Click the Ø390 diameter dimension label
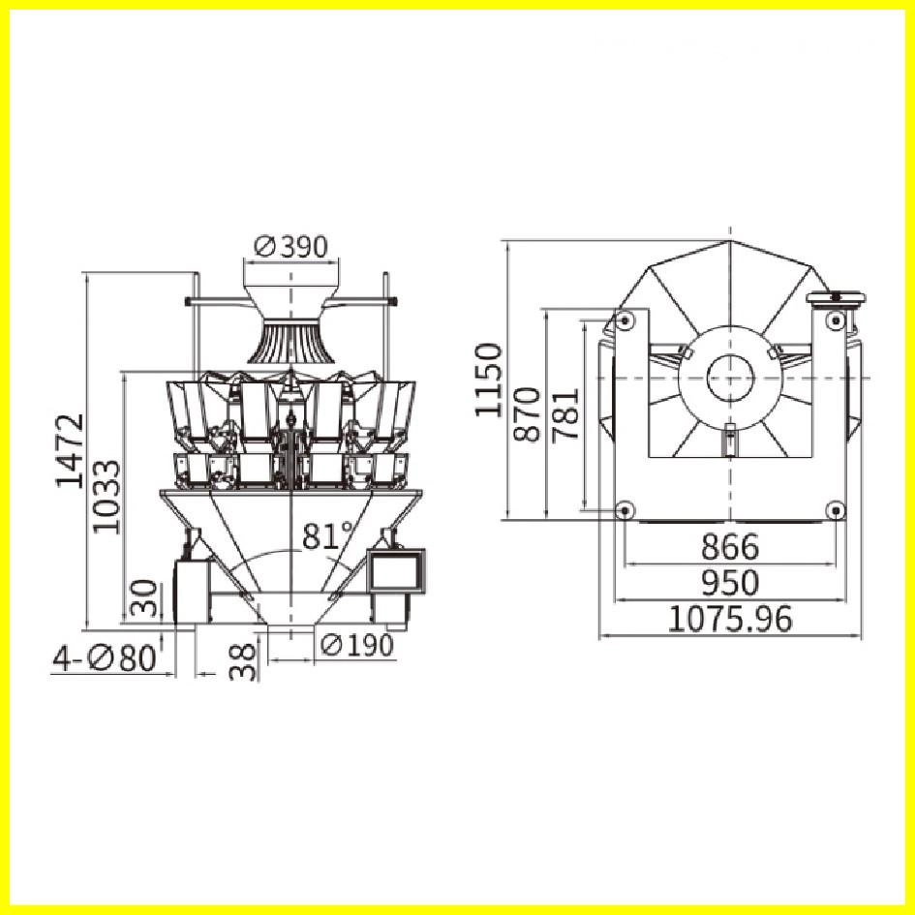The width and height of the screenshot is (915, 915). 291,247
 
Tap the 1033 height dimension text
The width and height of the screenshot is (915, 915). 107,497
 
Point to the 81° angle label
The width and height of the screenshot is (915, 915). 328,535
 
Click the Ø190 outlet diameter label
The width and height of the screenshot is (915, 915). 357,645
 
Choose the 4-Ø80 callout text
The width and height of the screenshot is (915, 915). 105,658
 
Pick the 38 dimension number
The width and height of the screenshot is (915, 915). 243,661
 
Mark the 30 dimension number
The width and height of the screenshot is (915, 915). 144,598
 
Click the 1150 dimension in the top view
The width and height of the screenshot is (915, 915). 488,380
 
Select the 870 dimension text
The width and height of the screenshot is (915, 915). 527,413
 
